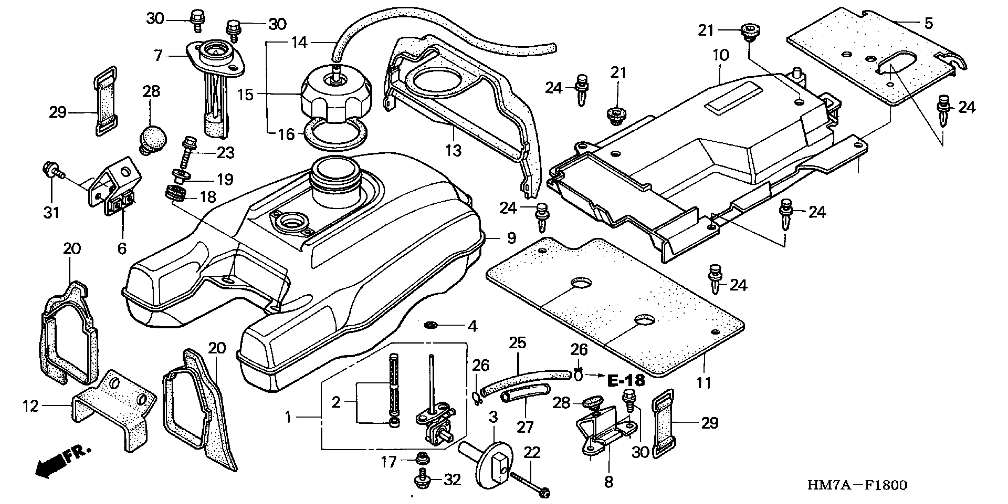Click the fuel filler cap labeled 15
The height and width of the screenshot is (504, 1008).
tap(336, 96)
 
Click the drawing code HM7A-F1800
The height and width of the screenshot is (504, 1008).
tap(857, 486)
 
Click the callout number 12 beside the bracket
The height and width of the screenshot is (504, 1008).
tap(31, 406)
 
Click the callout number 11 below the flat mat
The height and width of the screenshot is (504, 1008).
tap(703, 383)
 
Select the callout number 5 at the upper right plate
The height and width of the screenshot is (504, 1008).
tap(929, 23)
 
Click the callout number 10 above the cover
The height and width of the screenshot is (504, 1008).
tap(721, 55)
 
